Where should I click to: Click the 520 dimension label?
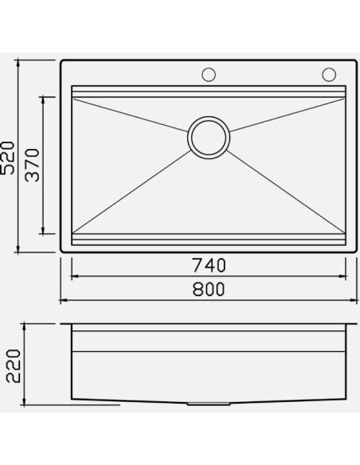7,158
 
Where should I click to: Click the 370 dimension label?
32,165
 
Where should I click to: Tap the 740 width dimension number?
209,265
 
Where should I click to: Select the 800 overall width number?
209,290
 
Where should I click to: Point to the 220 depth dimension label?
14,366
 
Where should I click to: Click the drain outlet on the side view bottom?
209,404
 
